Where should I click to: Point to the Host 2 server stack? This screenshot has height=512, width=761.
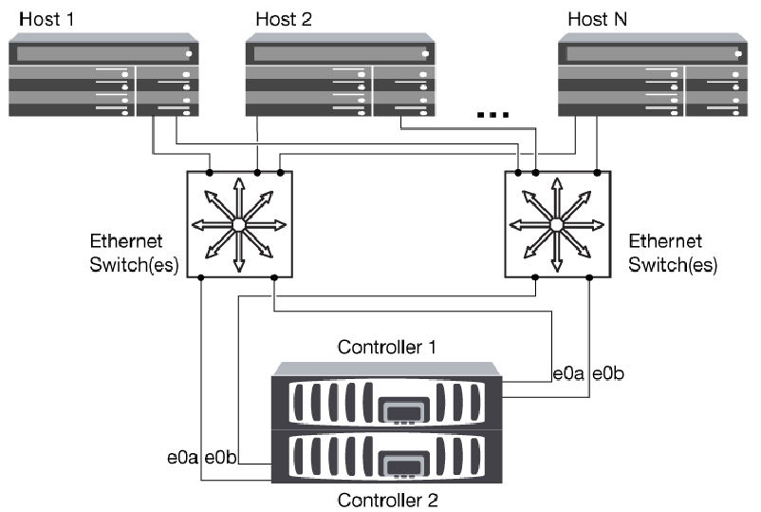pyautogui.click(x=340, y=76)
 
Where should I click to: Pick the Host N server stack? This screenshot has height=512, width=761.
pyautogui.click(x=652, y=76)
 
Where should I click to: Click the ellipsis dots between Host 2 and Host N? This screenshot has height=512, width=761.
pyautogui.click(x=493, y=115)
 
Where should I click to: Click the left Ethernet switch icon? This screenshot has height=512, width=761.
pyautogui.click(x=238, y=224)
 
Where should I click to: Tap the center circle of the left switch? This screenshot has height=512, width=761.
pyautogui.click(x=238, y=224)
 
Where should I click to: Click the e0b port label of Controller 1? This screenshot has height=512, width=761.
pyautogui.click(x=607, y=374)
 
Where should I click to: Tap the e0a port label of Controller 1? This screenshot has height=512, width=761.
pyautogui.click(x=570, y=374)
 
